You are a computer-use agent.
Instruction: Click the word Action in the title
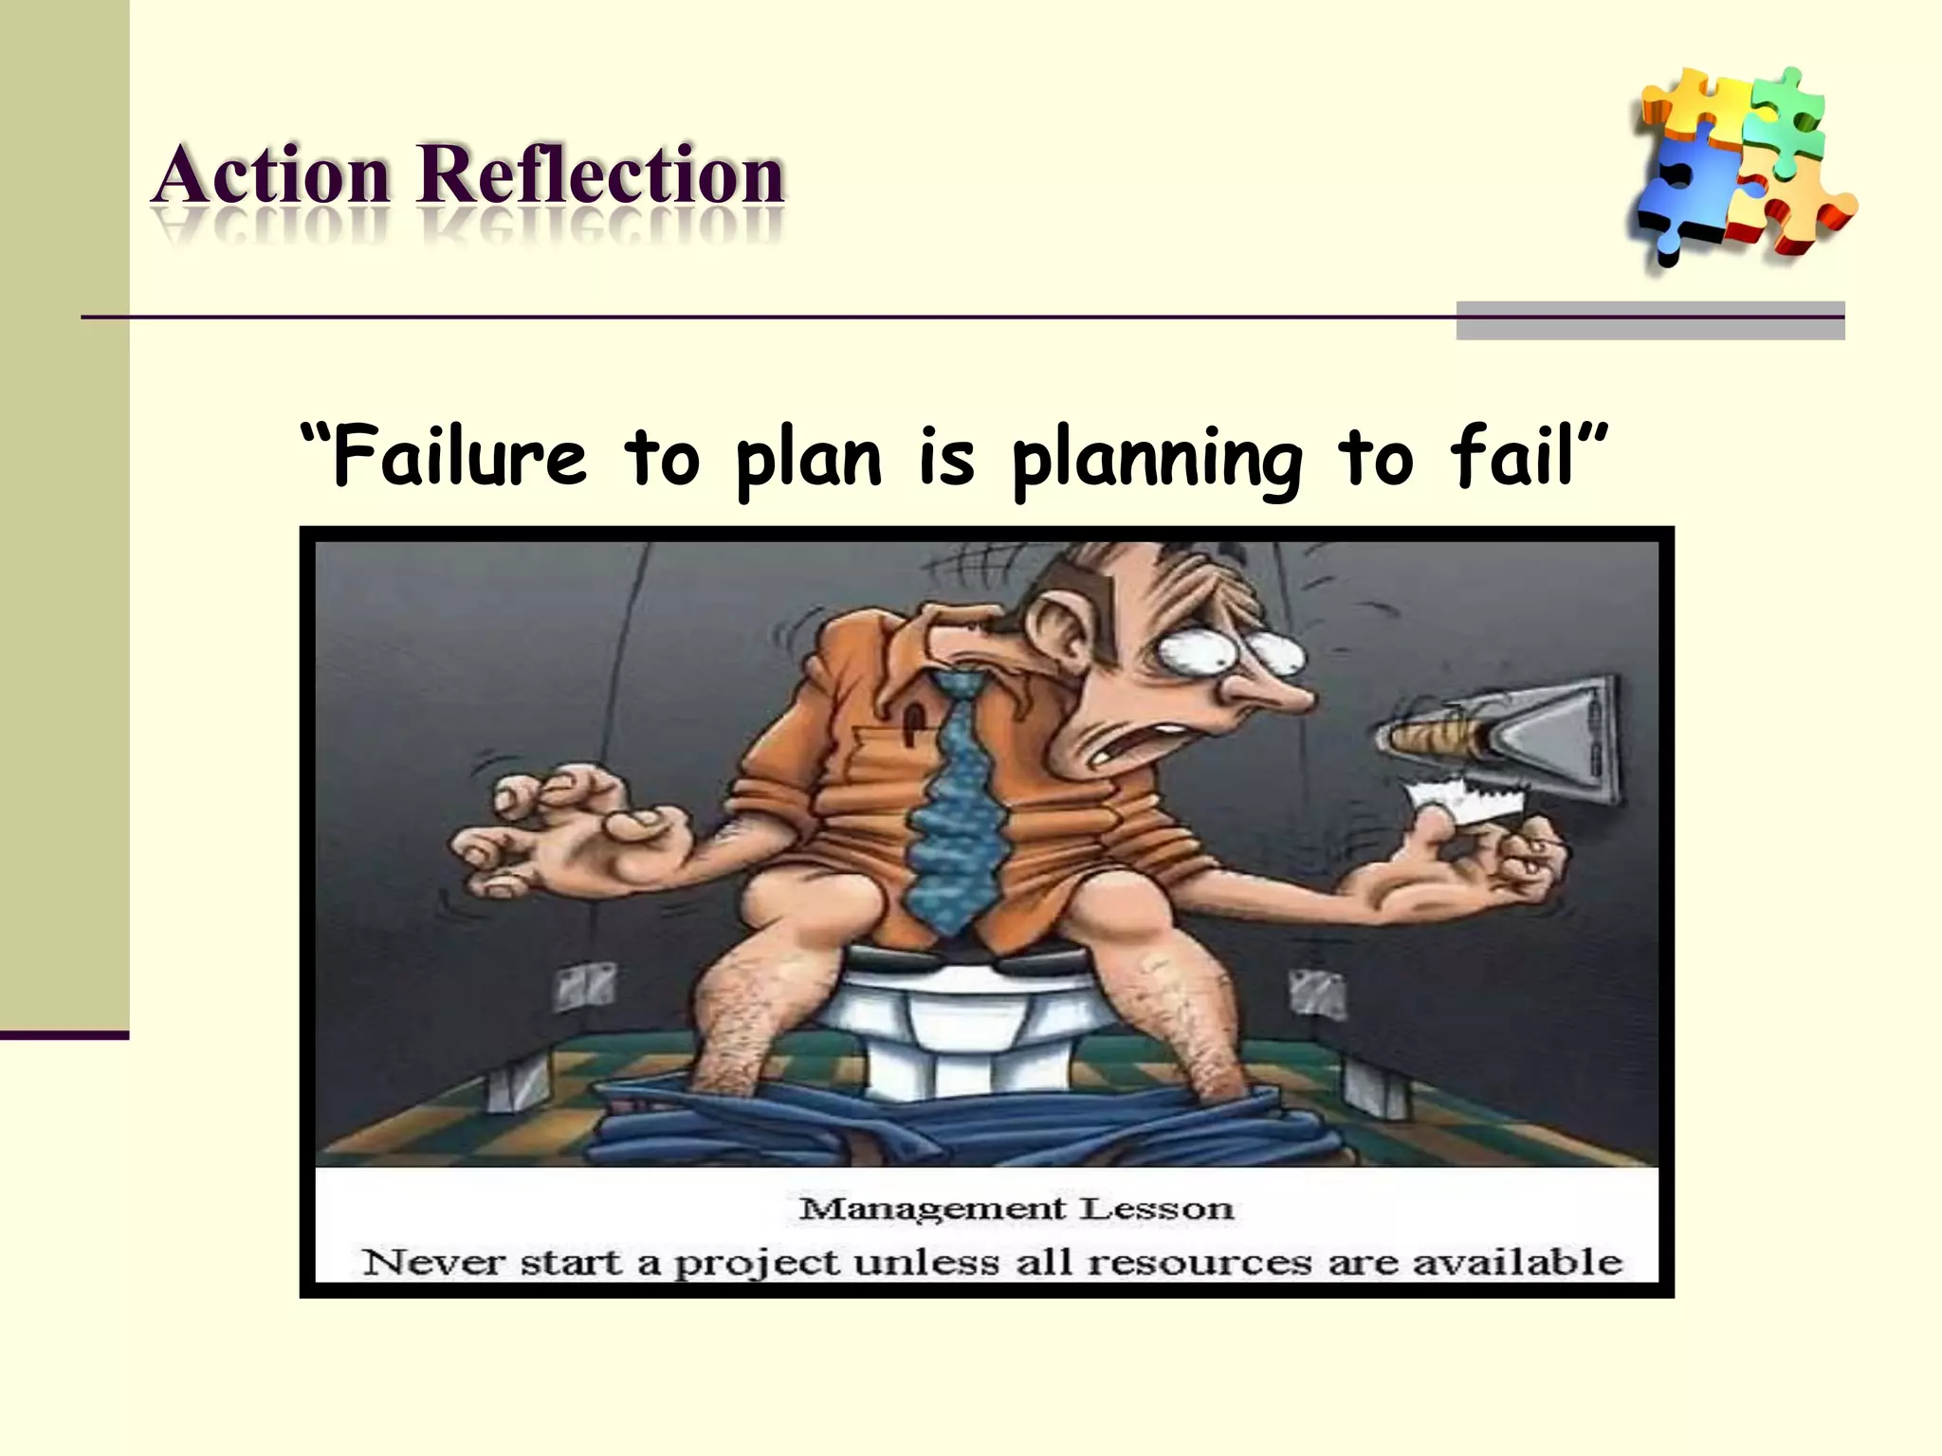click(272, 176)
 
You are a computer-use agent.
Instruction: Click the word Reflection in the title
click(600, 176)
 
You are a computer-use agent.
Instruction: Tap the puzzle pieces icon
click(1741, 166)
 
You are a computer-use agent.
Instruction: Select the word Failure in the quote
click(460, 458)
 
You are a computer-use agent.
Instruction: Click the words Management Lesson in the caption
click(1016, 1209)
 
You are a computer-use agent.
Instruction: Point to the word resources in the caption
click(1200, 1263)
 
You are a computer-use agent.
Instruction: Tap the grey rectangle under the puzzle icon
click(1650, 320)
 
